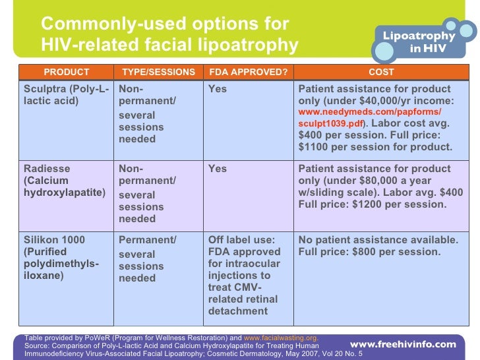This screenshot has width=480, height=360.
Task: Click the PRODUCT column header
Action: point(67,72)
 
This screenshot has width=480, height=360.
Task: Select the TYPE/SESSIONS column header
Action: point(159,72)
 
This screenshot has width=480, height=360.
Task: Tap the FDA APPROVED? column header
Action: point(248,72)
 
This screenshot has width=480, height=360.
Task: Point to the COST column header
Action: point(381,72)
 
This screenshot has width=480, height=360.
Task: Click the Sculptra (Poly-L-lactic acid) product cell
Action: point(66,95)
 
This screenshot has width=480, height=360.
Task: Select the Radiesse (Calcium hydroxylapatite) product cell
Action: point(65,181)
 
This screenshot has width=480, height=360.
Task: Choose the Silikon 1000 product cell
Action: point(61,258)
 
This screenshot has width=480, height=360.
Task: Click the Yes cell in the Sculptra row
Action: point(218,89)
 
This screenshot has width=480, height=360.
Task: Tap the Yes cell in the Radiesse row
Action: point(218,169)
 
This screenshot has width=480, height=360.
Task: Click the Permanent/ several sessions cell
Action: point(147,259)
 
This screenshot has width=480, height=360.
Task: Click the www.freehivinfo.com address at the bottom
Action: point(402,344)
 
